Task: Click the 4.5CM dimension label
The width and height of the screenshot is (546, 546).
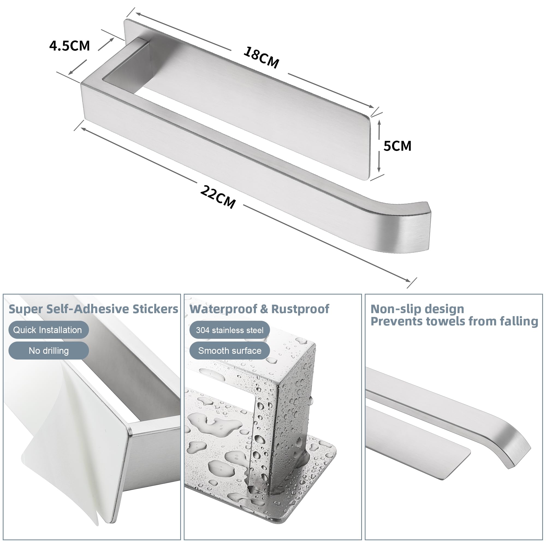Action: [x=70, y=46]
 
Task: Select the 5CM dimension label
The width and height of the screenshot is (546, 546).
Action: [x=397, y=146]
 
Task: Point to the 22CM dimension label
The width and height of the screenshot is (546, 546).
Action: [x=218, y=197]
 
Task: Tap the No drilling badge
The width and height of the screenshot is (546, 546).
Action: [x=49, y=351]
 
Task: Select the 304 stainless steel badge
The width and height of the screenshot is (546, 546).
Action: [x=230, y=330]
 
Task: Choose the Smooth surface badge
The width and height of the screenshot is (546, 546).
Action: [x=230, y=351]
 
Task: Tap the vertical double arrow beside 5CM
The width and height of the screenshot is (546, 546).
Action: [x=379, y=146]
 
